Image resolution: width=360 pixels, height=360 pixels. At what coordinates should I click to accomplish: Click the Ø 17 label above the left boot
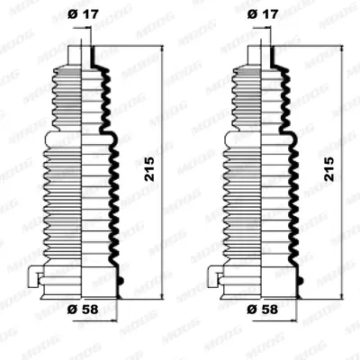83,14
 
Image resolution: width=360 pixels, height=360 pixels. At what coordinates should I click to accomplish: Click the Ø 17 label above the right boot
263,14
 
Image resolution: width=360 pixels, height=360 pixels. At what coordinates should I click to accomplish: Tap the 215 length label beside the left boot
149,169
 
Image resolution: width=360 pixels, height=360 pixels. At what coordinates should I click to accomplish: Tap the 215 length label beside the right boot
329,169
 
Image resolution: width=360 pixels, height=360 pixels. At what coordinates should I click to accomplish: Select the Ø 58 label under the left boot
83,310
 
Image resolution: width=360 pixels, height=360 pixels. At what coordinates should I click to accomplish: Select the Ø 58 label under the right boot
263,310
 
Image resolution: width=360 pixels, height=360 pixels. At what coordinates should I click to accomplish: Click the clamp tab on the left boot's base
33,276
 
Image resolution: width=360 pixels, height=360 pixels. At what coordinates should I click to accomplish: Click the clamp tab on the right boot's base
213,276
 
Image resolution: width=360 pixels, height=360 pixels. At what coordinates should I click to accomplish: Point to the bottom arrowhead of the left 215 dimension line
162,295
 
